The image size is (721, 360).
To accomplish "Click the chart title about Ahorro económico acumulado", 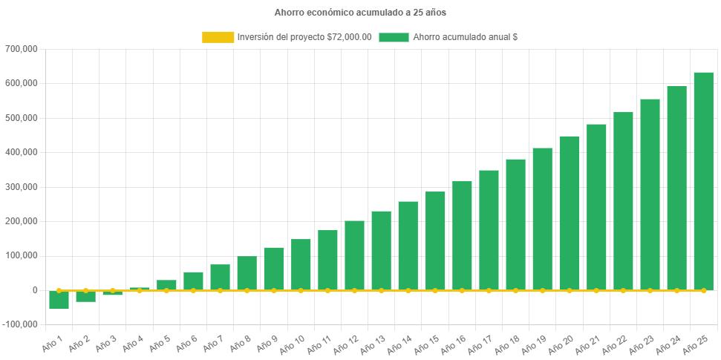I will (360, 13).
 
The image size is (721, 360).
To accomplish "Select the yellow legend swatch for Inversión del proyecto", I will (217, 37).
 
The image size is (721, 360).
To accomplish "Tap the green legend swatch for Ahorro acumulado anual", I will (394, 37).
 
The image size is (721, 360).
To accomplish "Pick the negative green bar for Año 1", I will (59, 300).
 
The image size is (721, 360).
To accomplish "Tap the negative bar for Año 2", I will (86, 296).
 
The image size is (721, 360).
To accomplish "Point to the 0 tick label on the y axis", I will (34, 290).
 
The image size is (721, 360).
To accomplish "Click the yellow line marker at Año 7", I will (220, 290).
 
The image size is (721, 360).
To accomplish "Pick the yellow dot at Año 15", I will (435, 290).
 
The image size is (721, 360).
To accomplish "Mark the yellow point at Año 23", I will (650, 290).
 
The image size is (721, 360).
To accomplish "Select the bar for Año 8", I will (247, 272).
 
